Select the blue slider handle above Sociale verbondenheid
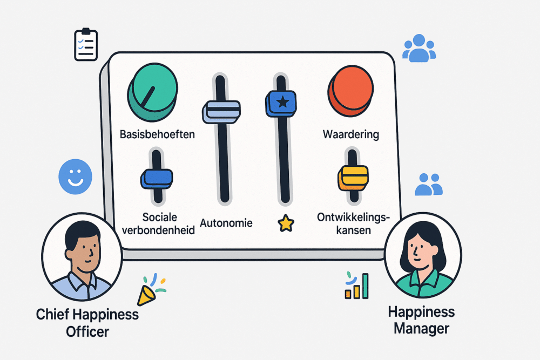(157, 178)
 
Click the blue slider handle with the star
(281, 103)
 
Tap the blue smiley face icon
(75, 176)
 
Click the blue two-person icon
(429, 184)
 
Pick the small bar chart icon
(357, 286)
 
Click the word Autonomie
(226, 222)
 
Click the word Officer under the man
(87, 330)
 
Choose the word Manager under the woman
(421, 328)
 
